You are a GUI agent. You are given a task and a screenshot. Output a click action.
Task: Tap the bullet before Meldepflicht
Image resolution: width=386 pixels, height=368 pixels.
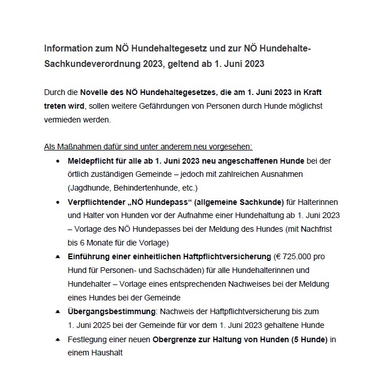click(59, 161)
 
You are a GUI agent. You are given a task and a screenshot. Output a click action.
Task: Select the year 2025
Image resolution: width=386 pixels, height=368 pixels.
click(103, 325)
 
